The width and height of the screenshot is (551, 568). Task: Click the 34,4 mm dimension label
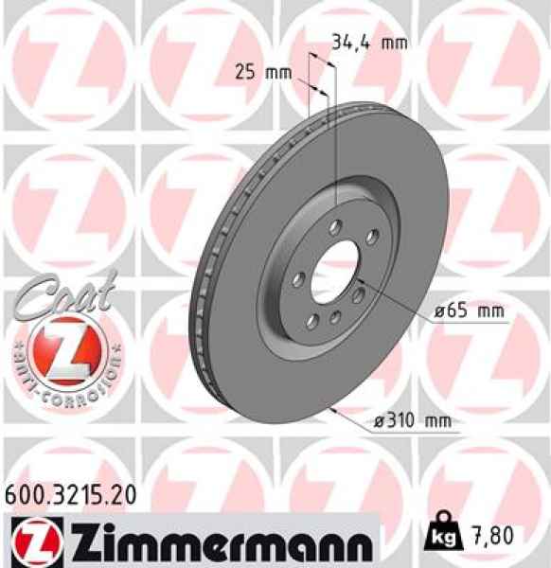pos(368,43)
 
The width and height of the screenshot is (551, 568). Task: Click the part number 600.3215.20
pos(71,493)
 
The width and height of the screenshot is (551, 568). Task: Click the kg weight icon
pos(444,536)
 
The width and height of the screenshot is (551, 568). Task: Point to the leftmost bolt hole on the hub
pos(297,279)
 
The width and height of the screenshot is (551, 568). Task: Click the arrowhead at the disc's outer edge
pos(335,410)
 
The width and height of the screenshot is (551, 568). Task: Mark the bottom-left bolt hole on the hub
pos(311,313)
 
